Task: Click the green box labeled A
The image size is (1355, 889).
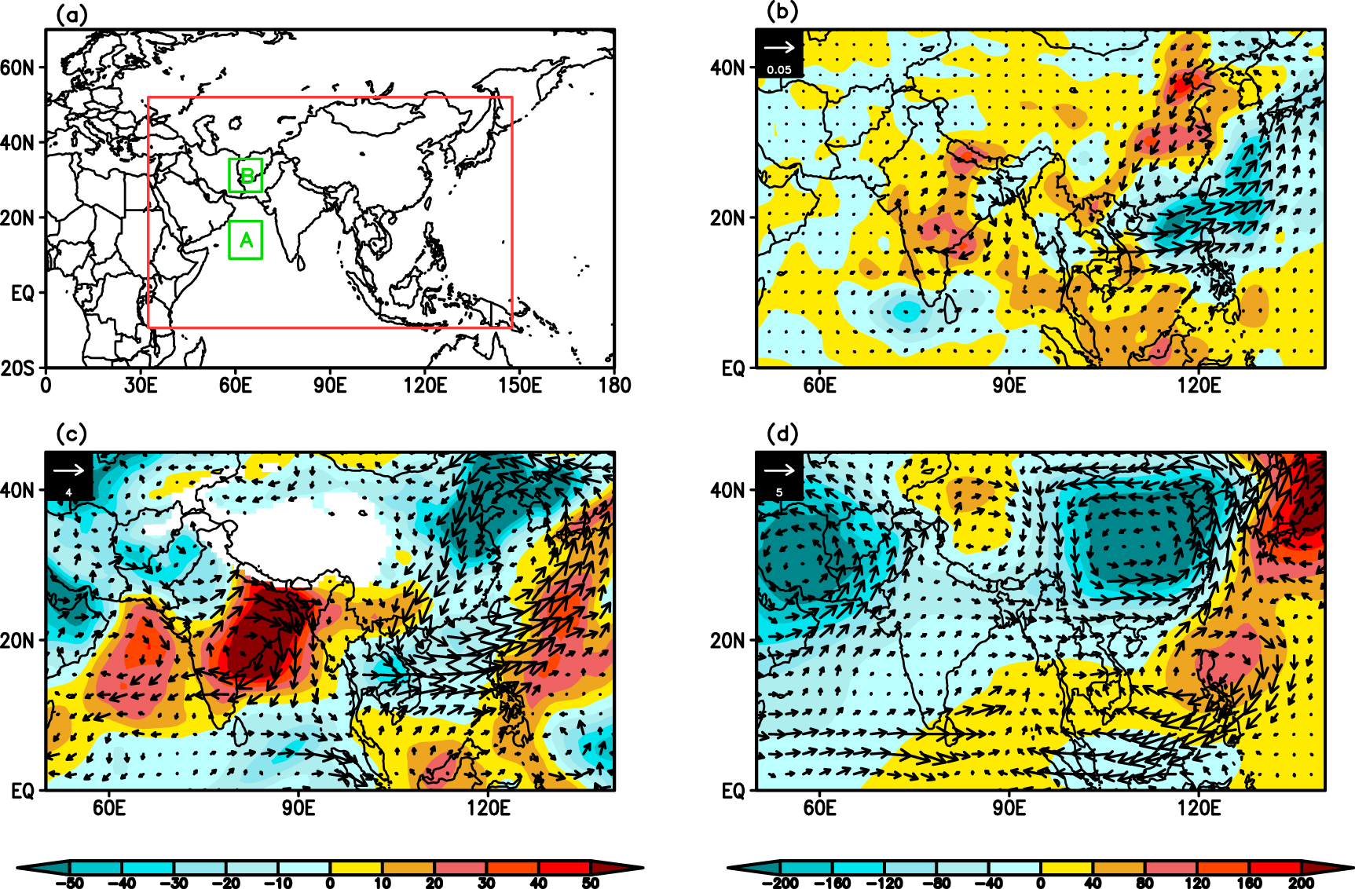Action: point(245,240)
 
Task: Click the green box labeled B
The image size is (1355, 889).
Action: point(246,175)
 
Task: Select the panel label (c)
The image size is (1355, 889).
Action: point(71,434)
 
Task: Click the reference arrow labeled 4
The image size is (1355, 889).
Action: point(69,471)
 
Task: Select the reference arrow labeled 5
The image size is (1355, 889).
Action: point(779,471)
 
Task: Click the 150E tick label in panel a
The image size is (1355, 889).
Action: point(519,386)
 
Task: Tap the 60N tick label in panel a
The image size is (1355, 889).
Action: point(17,68)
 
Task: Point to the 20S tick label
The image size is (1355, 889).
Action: point(17,368)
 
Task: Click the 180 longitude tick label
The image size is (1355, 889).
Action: point(614,386)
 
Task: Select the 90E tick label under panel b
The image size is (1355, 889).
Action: point(1009,386)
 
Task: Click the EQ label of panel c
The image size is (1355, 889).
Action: point(23,791)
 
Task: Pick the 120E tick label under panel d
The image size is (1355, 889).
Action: point(1199,808)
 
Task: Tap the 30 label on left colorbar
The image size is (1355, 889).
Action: point(486,883)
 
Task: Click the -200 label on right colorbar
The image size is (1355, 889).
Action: point(779,883)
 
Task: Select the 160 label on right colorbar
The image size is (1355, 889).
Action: point(1249,883)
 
